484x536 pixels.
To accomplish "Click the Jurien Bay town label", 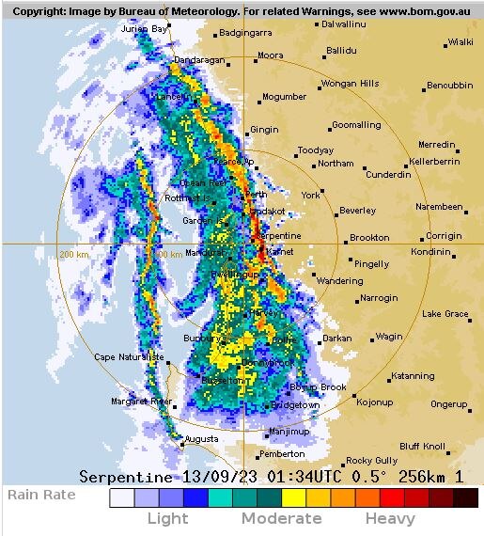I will pyautogui.click(x=145, y=29).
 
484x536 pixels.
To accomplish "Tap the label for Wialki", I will pyautogui.click(x=460, y=42).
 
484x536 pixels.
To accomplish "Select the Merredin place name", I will pyautogui.click(x=436, y=145).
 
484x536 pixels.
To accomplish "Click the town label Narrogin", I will pyautogui.click(x=379, y=298).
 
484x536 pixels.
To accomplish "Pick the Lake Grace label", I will pyautogui.click(x=445, y=313).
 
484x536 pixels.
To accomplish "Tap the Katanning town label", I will pyautogui.click(x=413, y=376).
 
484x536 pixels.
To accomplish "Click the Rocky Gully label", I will pyautogui.click(x=371, y=461).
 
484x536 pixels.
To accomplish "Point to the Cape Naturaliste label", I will pyautogui.click(x=129, y=357).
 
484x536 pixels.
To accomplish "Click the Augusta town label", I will pyautogui.click(x=201, y=439).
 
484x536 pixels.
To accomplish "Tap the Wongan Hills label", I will pyautogui.click(x=351, y=84).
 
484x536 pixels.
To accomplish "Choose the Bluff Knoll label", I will pyautogui.click(x=422, y=446).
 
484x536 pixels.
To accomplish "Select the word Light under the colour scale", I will pyautogui.click(x=167, y=518).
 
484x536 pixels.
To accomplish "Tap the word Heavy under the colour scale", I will pyautogui.click(x=390, y=518).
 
